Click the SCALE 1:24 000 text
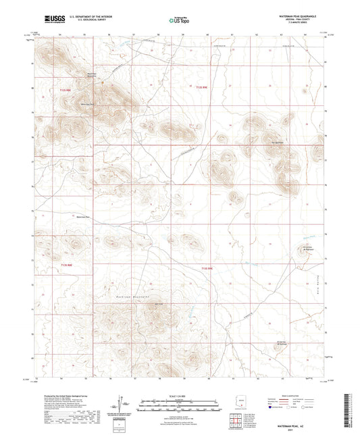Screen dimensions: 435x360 [x=180, y=394]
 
